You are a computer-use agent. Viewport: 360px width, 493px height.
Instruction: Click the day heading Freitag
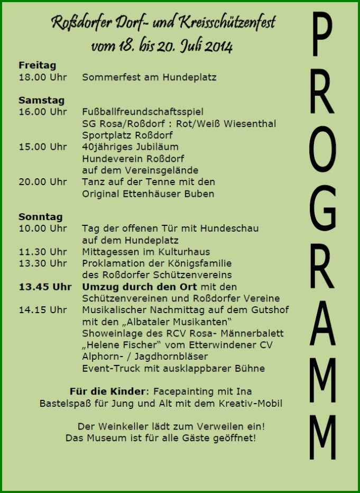pyautogui.click(x=37, y=66)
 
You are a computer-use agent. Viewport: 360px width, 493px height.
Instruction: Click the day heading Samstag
pyautogui.click(x=41, y=100)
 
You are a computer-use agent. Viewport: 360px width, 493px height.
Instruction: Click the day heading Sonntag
pyautogui.click(x=40, y=217)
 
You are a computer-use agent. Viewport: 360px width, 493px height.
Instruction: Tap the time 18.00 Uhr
pyautogui.click(x=43, y=77)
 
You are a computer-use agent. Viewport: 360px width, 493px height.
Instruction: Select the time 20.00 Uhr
pyautogui.click(x=43, y=182)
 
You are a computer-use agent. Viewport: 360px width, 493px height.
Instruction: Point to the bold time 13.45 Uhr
pyautogui.click(x=45, y=287)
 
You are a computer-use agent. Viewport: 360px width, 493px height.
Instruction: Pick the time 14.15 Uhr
pyautogui.click(x=43, y=310)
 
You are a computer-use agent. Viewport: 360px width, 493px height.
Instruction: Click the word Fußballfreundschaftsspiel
pyautogui.click(x=143, y=112)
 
